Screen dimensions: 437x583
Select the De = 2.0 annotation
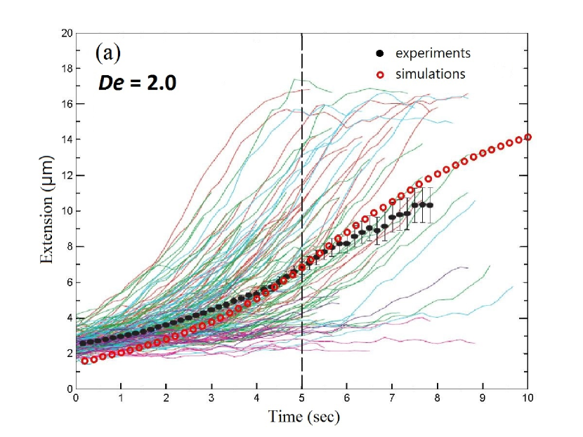click(136, 83)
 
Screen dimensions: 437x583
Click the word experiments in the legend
click(433, 53)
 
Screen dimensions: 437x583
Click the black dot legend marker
click(380, 53)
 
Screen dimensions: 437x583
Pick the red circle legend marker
click(380, 73)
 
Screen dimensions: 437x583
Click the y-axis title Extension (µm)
click(47, 210)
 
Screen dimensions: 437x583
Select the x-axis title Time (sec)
click(304, 417)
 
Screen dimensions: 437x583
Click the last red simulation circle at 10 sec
click(528, 137)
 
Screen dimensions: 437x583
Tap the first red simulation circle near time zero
click(85, 361)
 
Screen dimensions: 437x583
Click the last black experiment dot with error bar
click(430, 206)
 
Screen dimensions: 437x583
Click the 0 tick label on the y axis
click(68, 389)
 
